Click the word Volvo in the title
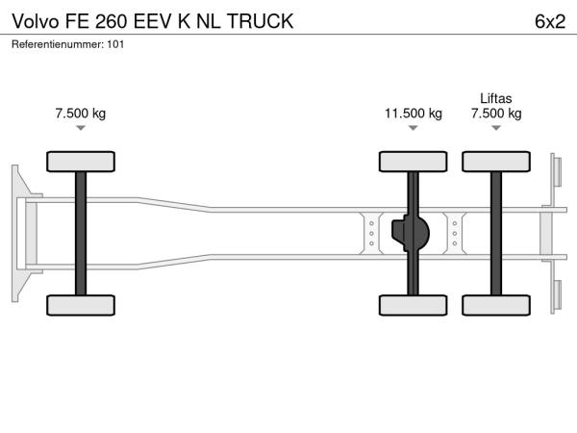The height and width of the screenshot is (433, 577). [36, 21]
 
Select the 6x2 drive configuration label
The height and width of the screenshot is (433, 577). [550, 21]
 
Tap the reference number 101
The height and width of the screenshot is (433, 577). [115, 44]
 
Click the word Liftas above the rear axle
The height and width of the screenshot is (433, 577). [495, 98]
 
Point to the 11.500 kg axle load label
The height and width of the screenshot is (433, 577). [414, 114]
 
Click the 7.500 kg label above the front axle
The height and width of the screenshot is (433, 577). [81, 114]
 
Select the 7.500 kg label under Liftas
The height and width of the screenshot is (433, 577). [496, 114]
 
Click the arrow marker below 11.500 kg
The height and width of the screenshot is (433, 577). [414, 128]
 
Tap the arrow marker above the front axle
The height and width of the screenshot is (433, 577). [81, 128]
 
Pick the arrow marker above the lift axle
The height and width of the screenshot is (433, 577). [496, 128]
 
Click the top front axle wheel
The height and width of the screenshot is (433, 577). [81, 162]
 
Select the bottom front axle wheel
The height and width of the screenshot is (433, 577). [81, 305]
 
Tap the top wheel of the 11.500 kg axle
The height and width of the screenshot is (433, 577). [414, 162]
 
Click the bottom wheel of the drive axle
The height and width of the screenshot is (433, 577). [414, 305]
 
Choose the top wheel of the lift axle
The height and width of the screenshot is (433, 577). [496, 162]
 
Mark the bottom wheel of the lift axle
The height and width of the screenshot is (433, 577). [496, 305]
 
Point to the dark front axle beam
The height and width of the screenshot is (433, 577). [81, 234]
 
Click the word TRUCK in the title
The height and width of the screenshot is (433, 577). [260, 21]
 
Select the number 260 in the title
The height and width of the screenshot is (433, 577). [112, 21]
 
